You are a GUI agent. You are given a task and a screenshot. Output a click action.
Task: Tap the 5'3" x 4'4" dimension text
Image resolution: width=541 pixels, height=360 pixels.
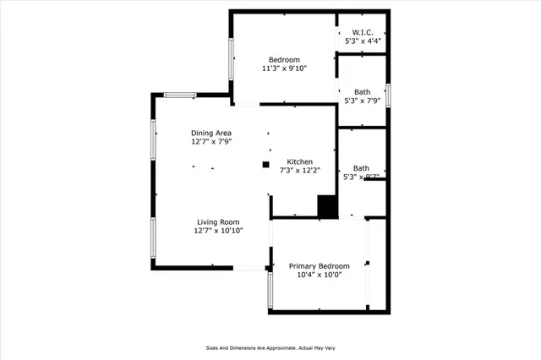click(362, 41)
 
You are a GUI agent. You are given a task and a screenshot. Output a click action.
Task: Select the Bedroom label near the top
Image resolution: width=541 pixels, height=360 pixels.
click(284, 59)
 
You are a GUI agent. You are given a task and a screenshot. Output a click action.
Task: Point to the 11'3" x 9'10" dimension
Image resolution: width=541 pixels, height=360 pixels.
click(284, 68)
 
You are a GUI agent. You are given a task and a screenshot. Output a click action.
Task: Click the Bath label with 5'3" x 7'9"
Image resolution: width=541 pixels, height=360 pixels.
click(362, 91)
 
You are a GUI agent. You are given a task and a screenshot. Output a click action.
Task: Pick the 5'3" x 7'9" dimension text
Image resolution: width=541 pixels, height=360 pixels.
click(362, 101)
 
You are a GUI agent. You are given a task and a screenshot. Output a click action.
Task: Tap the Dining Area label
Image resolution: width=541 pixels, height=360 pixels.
click(211, 133)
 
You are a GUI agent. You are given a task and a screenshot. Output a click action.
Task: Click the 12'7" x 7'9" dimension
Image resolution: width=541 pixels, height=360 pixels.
click(211, 143)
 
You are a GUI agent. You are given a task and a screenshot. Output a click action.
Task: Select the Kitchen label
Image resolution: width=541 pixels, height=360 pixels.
click(300, 161)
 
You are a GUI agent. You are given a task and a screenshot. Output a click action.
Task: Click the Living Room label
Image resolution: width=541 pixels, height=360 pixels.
click(218, 221)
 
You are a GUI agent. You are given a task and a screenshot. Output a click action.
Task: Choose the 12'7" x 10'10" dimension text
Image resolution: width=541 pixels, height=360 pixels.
click(218, 231)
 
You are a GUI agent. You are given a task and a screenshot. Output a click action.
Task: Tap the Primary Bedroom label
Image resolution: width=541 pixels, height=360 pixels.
click(319, 265)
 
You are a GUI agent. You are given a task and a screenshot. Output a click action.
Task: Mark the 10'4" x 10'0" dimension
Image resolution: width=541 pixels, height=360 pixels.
click(319, 275)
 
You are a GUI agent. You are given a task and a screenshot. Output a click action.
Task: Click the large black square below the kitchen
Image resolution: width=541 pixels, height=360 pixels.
click(327, 207)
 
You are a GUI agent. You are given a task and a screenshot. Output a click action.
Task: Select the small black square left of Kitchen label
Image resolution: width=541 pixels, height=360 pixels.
click(265, 164)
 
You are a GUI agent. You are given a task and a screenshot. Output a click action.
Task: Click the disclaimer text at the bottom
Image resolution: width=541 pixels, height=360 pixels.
click(270, 347)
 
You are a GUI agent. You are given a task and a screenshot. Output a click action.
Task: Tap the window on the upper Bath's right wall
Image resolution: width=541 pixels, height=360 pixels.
click(388, 92)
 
